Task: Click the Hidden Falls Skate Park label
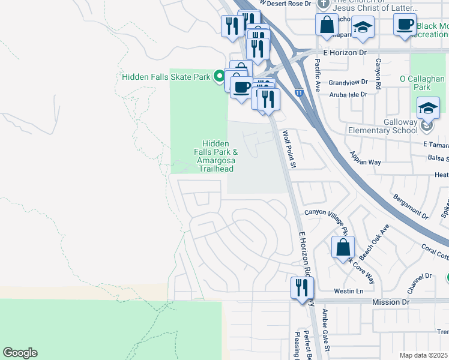[166, 77]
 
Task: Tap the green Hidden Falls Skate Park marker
[219, 76]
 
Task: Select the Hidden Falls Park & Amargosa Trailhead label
[215, 156]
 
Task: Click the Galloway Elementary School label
[383, 131]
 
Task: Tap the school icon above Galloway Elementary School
[428, 107]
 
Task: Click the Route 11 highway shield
[298, 93]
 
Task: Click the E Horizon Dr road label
[345, 53]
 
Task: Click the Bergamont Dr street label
[412, 206]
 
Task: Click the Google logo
[20, 353]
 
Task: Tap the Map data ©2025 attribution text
[424, 355]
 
